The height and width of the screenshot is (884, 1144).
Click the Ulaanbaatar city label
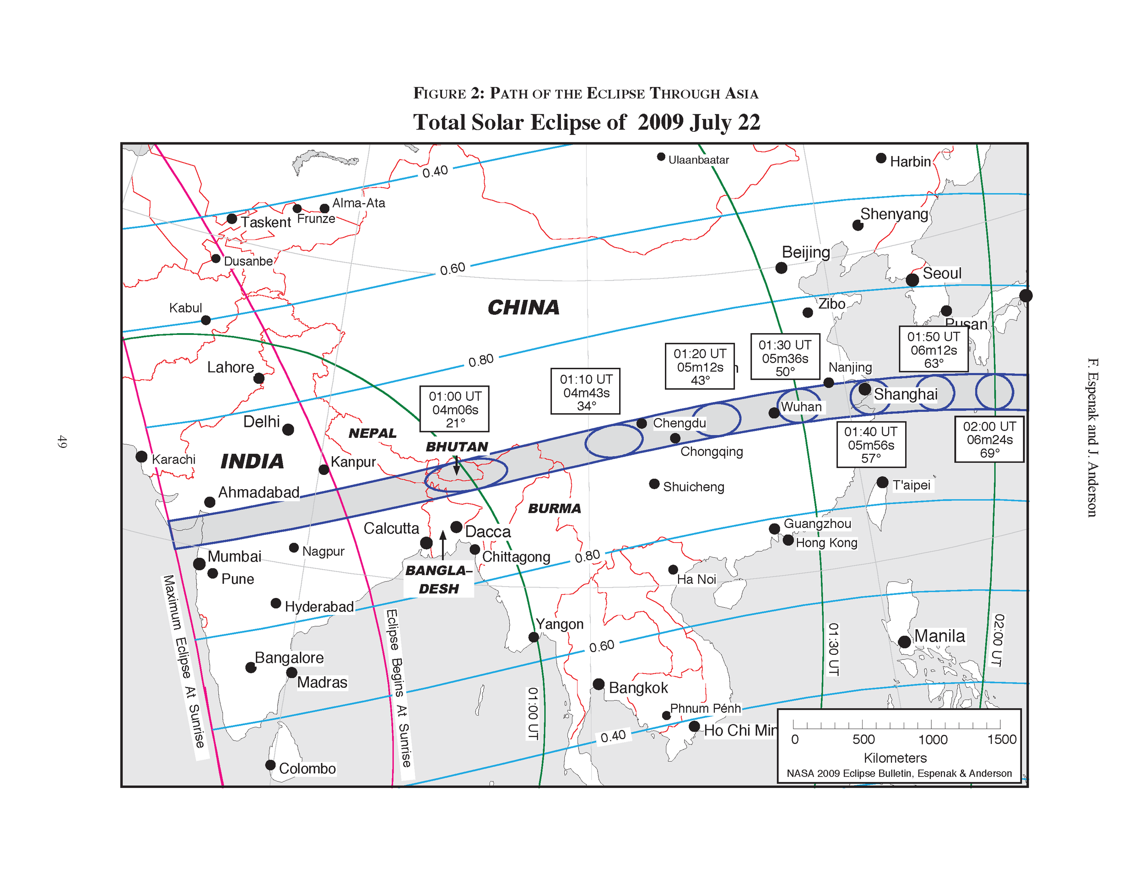pos(698,160)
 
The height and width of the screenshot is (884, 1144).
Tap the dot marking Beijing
pos(781,268)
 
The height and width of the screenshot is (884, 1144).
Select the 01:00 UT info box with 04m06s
pos(455,409)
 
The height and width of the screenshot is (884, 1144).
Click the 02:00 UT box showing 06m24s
pos(989,439)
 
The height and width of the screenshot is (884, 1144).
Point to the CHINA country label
pos(523,307)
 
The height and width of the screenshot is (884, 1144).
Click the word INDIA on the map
pos(252,461)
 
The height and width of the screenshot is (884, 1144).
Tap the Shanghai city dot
pos(865,389)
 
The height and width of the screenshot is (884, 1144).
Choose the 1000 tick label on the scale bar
pos(933,739)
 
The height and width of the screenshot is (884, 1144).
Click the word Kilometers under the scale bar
pos(895,758)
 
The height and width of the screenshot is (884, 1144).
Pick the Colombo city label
pos(307,768)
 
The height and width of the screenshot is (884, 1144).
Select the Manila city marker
pos(904,641)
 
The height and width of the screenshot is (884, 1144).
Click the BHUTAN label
pos(457,447)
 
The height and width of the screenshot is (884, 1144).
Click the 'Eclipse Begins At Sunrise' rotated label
pos(399,688)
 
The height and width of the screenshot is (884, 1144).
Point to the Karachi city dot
pos(141,456)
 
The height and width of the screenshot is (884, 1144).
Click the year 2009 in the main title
pos(660,122)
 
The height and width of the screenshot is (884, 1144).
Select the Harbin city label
pos(910,162)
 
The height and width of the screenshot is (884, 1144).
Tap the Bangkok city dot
pos(598,684)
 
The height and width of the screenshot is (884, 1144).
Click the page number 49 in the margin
pos(62,442)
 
